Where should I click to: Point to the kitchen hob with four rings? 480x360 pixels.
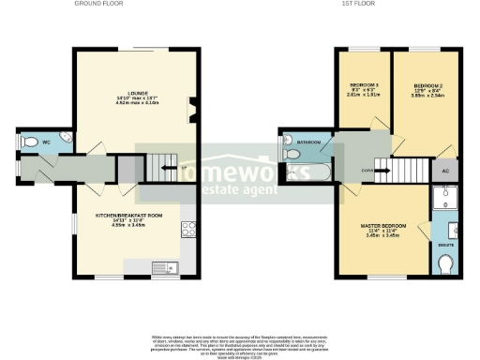[x=187, y=228]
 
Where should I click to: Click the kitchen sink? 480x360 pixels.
[x=169, y=269]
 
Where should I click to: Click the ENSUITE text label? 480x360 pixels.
[x=446, y=246]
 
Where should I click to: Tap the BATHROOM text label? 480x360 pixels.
[x=310, y=142]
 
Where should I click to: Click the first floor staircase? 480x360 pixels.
[x=407, y=171]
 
